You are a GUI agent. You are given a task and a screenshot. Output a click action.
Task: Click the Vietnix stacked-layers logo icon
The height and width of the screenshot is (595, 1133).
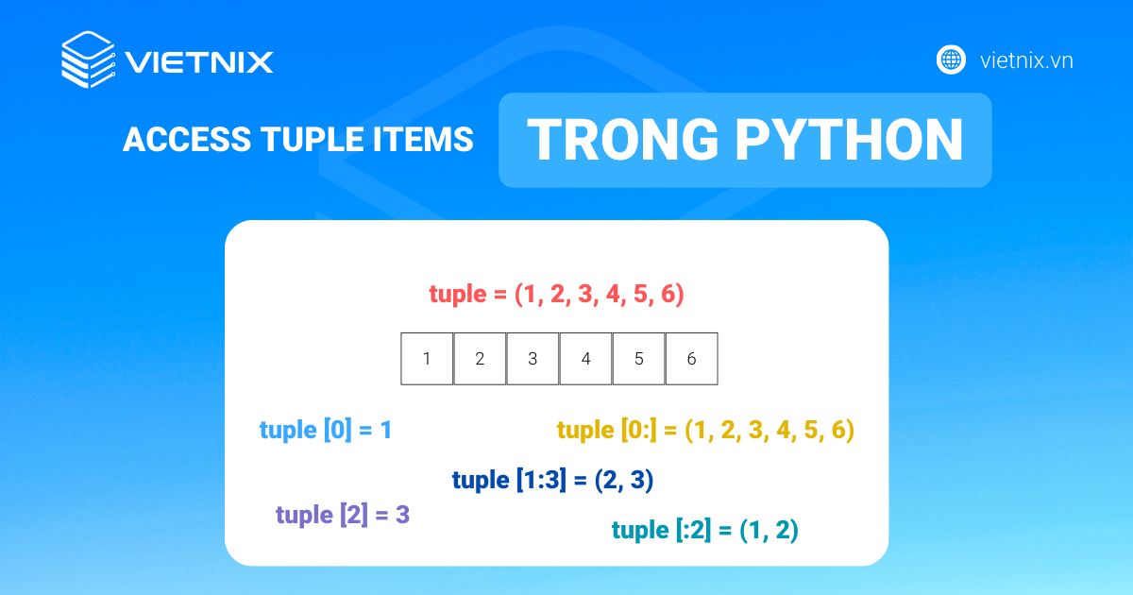click(88, 59)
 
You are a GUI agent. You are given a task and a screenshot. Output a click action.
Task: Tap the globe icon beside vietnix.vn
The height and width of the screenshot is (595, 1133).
click(951, 59)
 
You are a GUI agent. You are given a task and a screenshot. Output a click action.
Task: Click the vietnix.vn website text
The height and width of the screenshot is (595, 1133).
click(1026, 60)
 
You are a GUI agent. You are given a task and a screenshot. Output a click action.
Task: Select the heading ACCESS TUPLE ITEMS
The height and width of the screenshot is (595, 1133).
click(297, 140)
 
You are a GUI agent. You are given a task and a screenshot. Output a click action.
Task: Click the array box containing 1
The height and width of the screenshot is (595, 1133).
click(427, 359)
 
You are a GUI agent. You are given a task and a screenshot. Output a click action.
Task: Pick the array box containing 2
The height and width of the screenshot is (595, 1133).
click(480, 359)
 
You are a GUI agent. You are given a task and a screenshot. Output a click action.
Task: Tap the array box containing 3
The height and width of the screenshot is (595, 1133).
click(533, 359)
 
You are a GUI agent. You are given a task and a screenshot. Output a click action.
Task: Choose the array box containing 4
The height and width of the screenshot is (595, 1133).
click(585, 359)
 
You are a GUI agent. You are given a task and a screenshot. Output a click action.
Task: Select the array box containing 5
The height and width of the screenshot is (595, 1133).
click(638, 359)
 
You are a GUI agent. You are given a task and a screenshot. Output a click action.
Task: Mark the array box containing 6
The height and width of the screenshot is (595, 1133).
click(691, 359)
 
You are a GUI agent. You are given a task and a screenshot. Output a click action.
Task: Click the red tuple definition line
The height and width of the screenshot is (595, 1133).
click(556, 295)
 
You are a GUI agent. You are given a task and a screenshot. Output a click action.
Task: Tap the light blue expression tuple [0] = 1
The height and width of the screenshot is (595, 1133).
click(326, 431)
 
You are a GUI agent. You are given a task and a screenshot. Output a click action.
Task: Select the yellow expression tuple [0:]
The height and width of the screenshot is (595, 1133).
click(705, 431)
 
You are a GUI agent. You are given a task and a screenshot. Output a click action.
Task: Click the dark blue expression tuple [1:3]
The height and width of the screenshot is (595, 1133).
click(553, 481)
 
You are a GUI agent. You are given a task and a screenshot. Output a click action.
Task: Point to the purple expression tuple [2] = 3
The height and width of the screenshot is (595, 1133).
click(343, 516)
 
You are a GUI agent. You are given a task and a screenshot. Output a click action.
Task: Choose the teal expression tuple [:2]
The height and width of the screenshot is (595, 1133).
click(705, 531)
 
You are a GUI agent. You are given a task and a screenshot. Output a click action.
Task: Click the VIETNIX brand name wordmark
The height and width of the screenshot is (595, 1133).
click(199, 62)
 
